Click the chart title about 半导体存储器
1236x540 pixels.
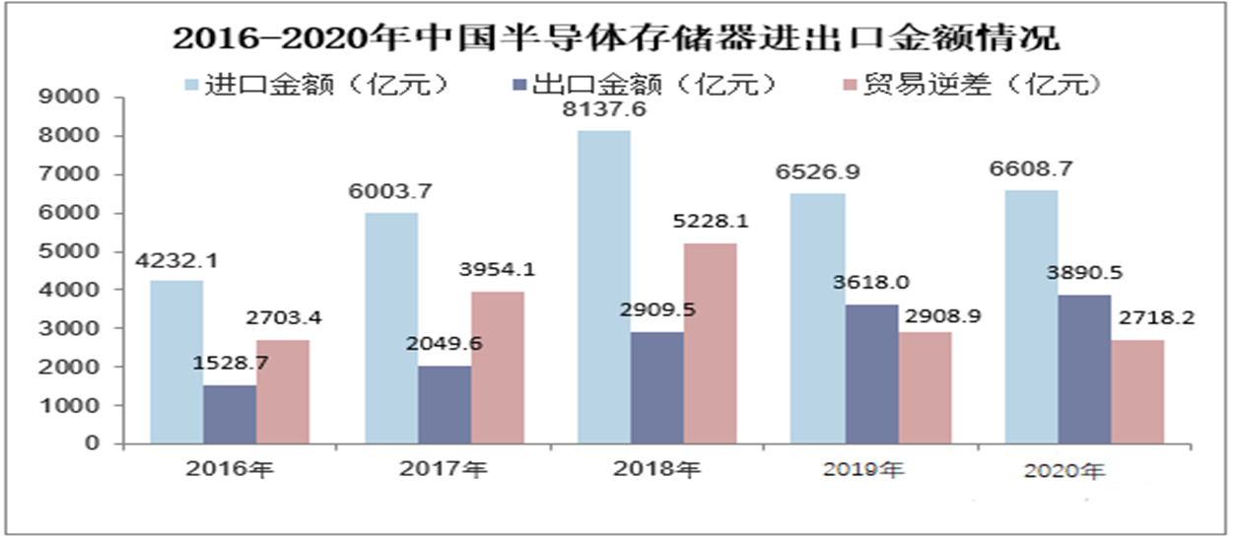617,38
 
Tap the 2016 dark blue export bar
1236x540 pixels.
230,415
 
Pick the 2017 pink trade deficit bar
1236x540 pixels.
497,368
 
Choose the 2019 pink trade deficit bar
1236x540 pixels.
924,388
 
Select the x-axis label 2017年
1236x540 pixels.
444,470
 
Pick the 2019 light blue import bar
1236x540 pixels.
817,318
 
